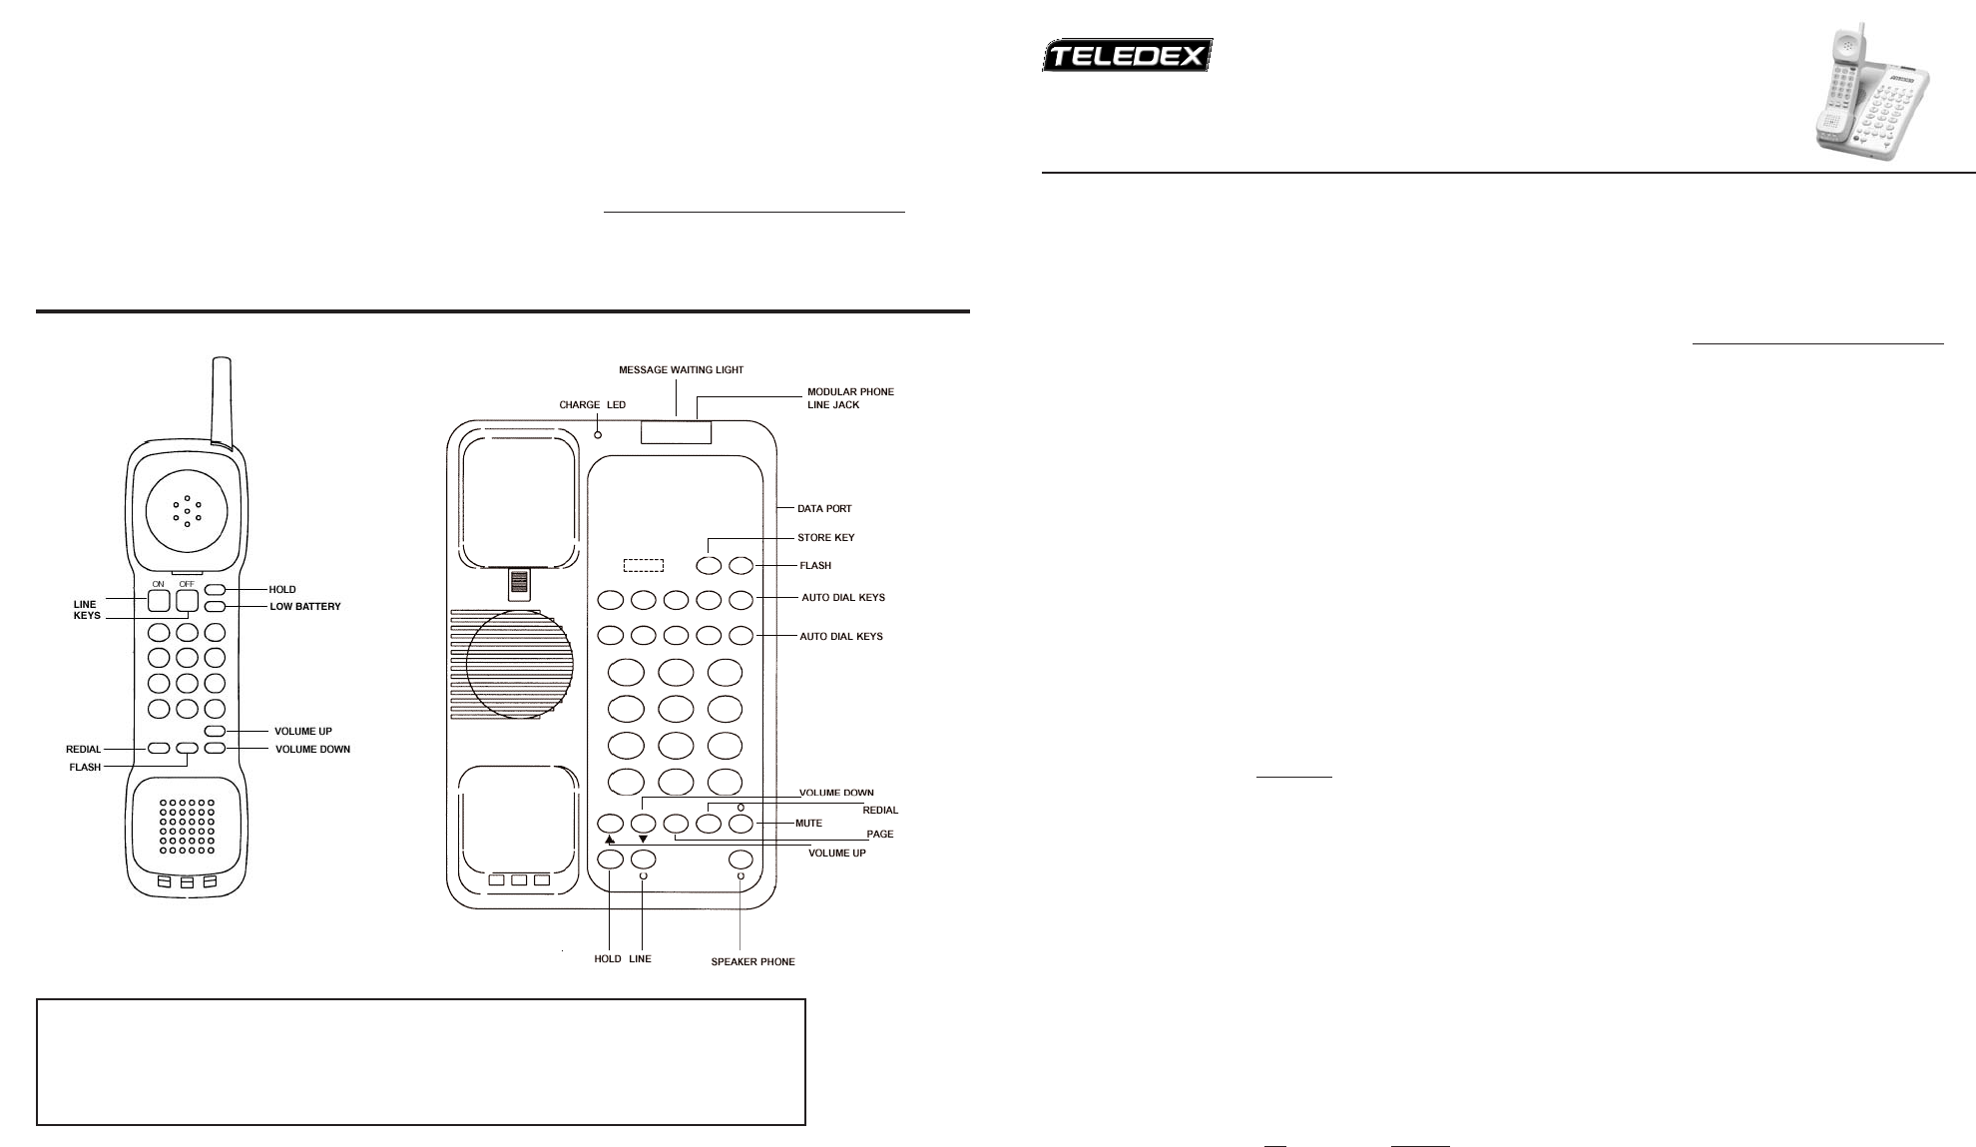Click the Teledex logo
point(1127,55)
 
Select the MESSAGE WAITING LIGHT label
point(681,370)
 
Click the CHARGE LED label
point(592,405)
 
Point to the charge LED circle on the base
point(598,434)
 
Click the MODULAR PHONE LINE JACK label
point(850,398)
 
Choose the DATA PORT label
point(824,509)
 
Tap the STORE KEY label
point(825,538)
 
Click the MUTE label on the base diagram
point(808,824)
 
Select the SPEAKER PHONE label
point(752,962)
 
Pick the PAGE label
point(879,834)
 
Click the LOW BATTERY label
point(305,607)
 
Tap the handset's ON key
point(159,601)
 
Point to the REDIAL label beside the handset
point(84,750)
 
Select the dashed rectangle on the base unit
point(644,566)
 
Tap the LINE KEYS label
point(87,610)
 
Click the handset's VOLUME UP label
point(303,732)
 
